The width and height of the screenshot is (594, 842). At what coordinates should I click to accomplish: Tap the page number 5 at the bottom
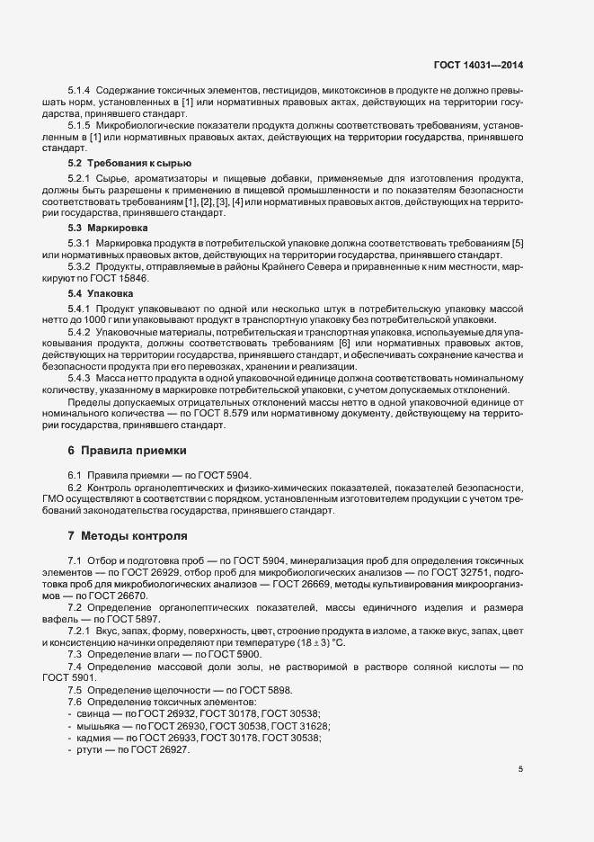click(521, 769)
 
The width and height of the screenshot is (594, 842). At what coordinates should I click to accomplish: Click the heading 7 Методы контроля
click(128, 537)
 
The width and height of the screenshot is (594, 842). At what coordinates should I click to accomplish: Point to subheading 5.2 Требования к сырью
click(118, 165)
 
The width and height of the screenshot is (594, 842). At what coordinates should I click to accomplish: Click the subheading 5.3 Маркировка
click(101, 228)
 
